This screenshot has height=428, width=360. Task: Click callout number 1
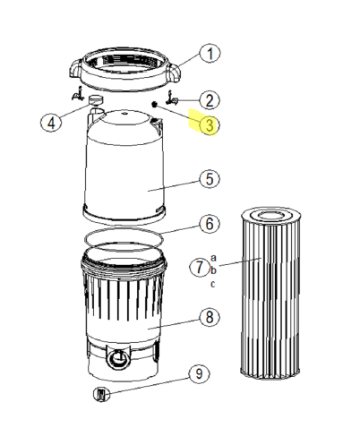[x=208, y=54]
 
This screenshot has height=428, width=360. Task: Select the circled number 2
[x=209, y=100]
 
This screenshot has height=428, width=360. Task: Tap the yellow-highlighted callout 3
[x=208, y=125]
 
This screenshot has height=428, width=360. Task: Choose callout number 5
[x=208, y=179]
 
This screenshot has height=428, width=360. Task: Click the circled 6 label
[x=208, y=222]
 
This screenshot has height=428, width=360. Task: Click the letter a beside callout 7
[x=213, y=258]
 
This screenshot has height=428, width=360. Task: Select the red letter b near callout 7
[x=213, y=270]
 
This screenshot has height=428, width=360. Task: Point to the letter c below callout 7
[x=213, y=284]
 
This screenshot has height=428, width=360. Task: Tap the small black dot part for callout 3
[x=154, y=106]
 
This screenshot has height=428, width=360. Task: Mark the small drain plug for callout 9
[x=101, y=393]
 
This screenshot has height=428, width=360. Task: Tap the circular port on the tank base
[x=116, y=361]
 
